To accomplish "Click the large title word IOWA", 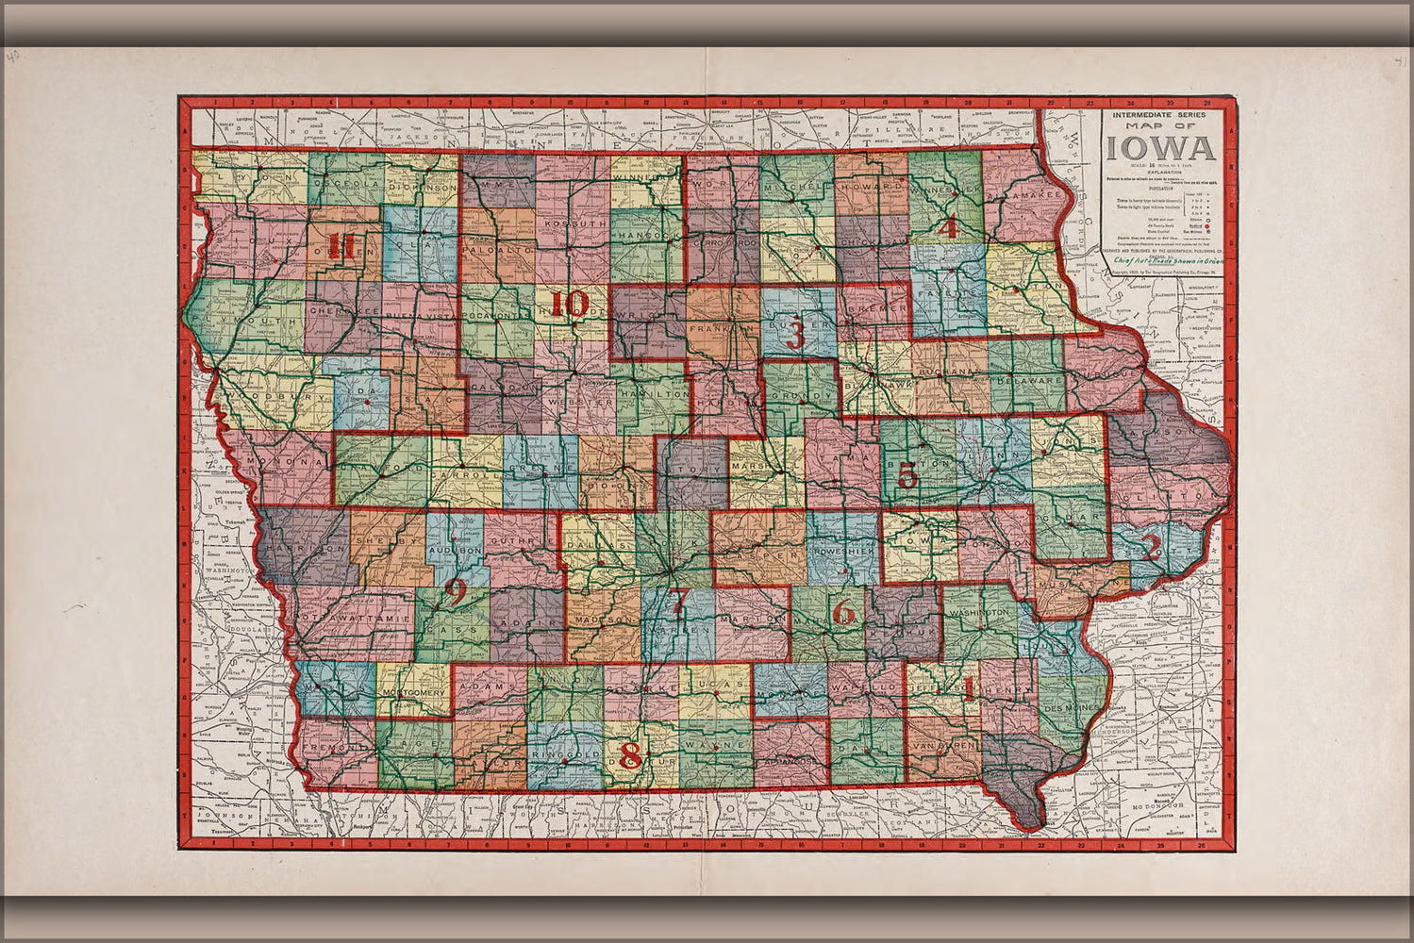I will [1162, 149].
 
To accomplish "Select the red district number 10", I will [570, 305].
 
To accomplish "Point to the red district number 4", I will [947, 226].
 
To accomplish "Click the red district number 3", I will [795, 335].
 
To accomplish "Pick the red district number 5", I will [907, 475].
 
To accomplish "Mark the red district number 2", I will [1151, 547].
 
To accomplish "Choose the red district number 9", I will [455, 592].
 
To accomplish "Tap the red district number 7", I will [680, 600].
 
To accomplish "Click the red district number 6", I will [843, 614].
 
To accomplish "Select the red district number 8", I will [631, 755].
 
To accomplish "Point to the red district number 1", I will [968, 687].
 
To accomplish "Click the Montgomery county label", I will [413, 693].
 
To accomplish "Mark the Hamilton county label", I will [652, 393].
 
